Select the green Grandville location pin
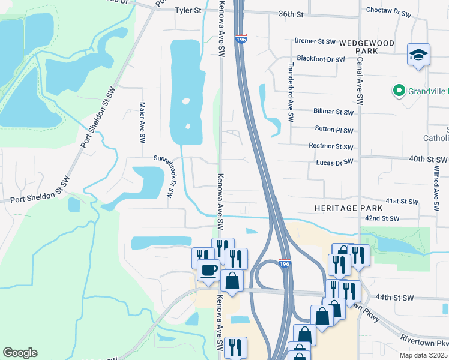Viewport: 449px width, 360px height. coord(398,91)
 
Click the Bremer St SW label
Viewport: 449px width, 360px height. coord(315,41)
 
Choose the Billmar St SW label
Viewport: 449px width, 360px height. coord(333,112)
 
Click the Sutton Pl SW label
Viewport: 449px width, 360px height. coord(334,130)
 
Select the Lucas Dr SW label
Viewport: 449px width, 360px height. coord(334,163)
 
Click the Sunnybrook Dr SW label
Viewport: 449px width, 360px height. coord(164,175)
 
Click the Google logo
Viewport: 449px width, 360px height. coord(20,353)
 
